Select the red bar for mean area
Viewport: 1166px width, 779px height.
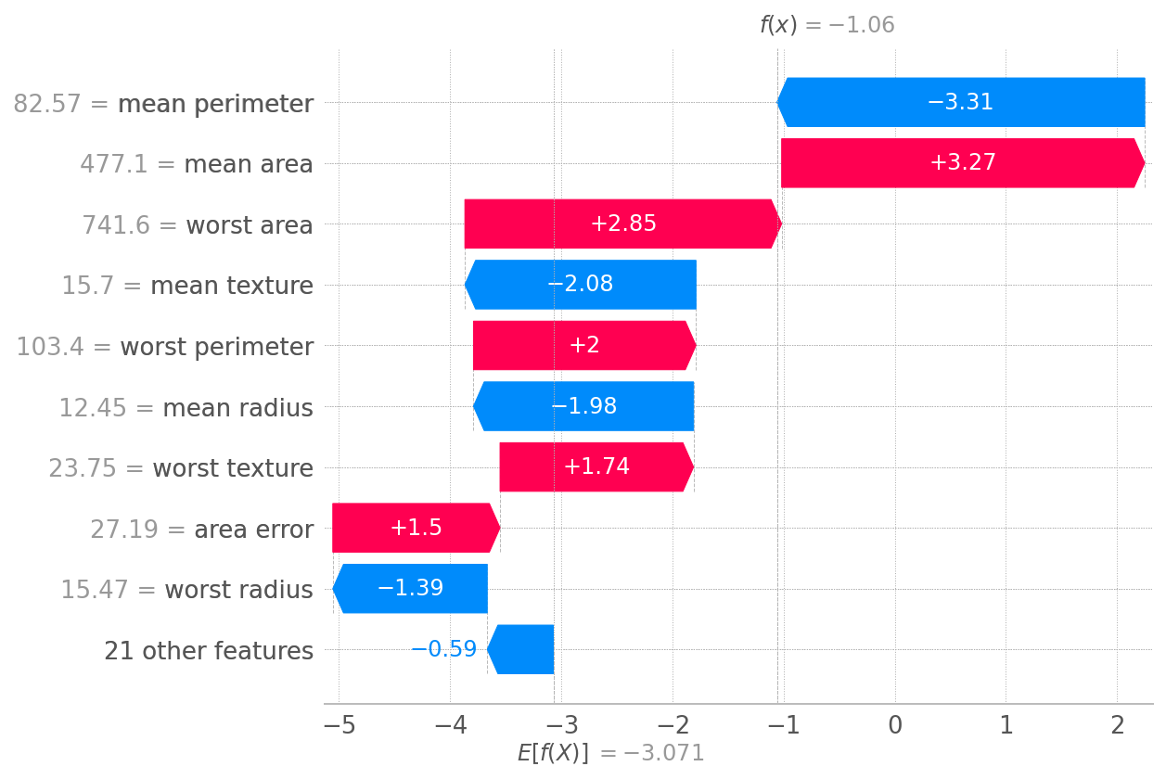click(x=963, y=163)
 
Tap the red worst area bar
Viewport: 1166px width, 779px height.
click(x=622, y=223)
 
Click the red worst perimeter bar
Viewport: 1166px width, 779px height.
click(x=584, y=346)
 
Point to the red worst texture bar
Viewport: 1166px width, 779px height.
click(x=596, y=467)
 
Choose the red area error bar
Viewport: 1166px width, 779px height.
click(x=416, y=528)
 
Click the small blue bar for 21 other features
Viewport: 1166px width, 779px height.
click(x=521, y=649)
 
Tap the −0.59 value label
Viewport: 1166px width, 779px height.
click(x=443, y=649)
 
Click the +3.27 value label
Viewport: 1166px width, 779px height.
click(x=963, y=163)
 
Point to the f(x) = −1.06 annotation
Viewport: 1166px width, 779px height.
click(x=826, y=25)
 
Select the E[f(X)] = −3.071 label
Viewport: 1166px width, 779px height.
click(x=610, y=753)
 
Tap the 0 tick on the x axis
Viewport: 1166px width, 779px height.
click(x=894, y=725)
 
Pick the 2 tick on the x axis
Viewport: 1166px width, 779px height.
click(x=1117, y=725)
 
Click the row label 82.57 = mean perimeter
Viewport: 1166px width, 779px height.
click(x=163, y=104)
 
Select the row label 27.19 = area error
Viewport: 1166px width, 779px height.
click(x=201, y=530)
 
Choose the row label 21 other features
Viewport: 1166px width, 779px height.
click(x=209, y=651)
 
